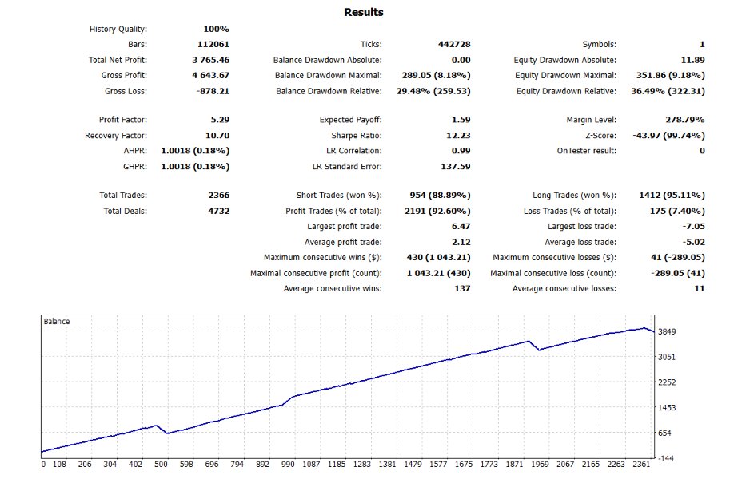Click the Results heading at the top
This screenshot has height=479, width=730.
pyautogui.click(x=364, y=12)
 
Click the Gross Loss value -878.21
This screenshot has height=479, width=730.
pyautogui.click(x=212, y=91)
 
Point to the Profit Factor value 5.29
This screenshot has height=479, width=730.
pyautogui.click(x=218, y=120)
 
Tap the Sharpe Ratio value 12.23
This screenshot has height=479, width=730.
pyautogui.click(x=458, y=135)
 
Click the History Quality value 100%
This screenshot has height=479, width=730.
pyautogui.click(x=217, y=30)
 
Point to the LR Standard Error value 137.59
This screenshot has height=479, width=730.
pyautogui.click(x=454, y=166)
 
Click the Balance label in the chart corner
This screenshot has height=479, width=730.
pyautogui.click(x=57, y=322)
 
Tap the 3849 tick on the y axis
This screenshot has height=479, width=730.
pyautogui.click(x=668, y=331)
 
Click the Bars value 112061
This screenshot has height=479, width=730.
pyautogui.click(x=213, y=45)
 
